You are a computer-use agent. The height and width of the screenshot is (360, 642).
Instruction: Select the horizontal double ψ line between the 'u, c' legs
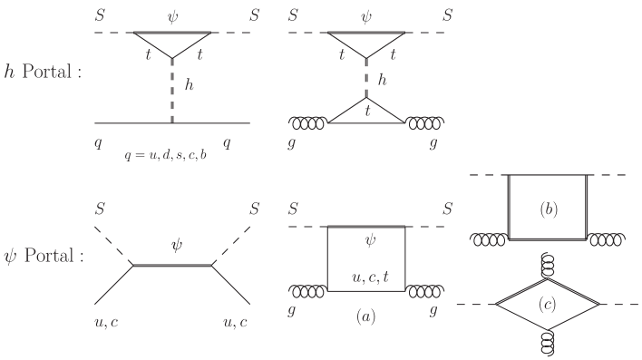[172, 265]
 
